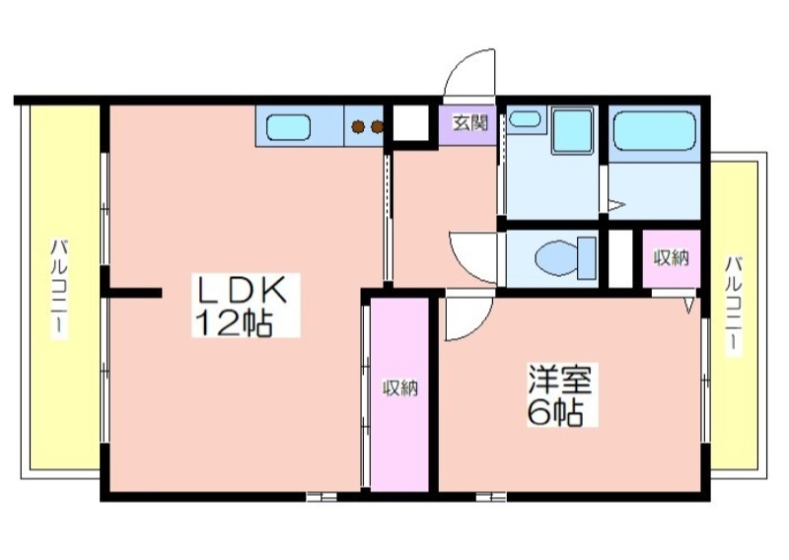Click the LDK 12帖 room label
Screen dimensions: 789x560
coord(246,306)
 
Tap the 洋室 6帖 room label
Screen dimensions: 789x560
coord(562,395)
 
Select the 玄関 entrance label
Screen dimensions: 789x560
coord(470,123)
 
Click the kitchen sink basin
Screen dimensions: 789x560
coord(288,127)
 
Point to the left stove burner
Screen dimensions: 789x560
coord(358,127)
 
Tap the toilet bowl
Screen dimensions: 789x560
coord(556,258)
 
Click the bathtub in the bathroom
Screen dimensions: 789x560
coord(654,131)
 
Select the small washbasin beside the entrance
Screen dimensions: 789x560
coord(525,119)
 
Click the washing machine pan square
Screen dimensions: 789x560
coord(573,131)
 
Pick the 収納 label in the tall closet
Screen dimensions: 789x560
coord(400,387)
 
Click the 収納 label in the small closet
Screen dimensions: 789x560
coord(671,258)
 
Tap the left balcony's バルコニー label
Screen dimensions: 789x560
coord(60,290)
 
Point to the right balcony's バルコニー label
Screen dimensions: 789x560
coord(734,306)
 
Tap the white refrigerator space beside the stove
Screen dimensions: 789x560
coord(410,124)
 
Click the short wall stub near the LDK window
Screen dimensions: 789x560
coord(135,293)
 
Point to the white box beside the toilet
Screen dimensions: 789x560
coord(620,258)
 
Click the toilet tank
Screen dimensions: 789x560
coord(587,258)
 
